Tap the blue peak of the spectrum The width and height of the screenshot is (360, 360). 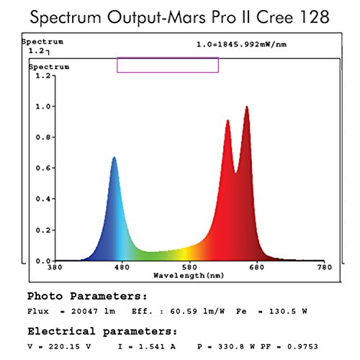(x=114, y=158)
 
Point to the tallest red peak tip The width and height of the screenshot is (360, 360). (x=247, y=107)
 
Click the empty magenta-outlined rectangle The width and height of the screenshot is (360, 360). (x=168, y=65)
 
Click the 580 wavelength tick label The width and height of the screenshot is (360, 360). (x=189, y=268)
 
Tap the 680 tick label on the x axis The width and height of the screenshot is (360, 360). (x=256, y=268)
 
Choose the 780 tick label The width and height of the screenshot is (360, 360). (x=324, y=268)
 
